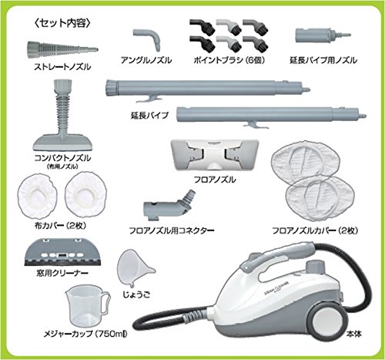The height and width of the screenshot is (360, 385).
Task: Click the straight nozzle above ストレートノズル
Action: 62,48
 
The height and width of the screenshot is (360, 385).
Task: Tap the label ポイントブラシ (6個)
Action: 229,60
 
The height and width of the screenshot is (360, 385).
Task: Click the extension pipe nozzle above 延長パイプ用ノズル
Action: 322,35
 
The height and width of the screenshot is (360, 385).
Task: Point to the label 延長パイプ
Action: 149,116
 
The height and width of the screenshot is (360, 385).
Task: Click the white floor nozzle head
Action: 214,155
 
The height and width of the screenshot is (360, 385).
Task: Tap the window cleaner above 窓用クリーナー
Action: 62,252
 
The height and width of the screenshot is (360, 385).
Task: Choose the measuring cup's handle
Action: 105,302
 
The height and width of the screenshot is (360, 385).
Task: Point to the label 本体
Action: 353,335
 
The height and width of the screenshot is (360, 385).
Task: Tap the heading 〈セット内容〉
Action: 62,24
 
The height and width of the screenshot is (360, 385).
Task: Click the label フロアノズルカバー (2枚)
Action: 315,230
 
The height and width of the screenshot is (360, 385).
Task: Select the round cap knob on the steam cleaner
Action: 315,267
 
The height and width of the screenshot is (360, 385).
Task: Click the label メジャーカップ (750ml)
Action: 85,334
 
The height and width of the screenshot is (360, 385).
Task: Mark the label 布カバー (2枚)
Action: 60,226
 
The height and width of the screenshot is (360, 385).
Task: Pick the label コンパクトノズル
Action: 62,158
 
